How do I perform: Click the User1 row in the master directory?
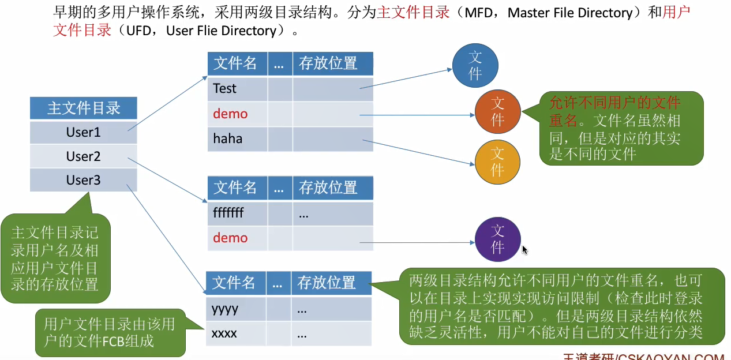coord(83,133)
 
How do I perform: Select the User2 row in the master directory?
coord(83,156)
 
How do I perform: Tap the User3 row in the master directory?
coord(83,181)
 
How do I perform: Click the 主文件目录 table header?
coord(83,108)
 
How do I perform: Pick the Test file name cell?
coord(237,89)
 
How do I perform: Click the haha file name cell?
coord(237,138)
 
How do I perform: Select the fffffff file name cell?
coord(237,213)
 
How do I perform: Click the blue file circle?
coord(475,65)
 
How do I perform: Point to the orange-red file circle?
coord(497,111)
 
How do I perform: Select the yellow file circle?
coord(497,161)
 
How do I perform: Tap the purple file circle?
coord(497,239)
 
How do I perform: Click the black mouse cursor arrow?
coord(524,250)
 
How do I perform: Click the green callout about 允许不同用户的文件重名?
coord(621,128)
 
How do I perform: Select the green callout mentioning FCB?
coord(110,332)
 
